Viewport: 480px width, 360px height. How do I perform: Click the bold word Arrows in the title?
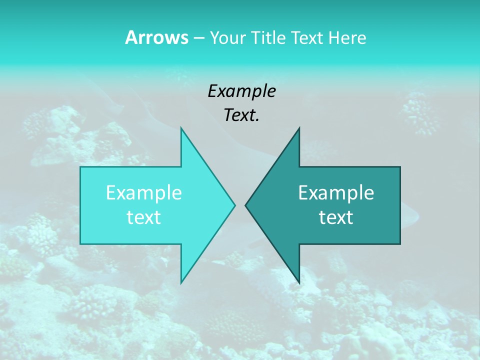pyautogui.click(x=156, y=37)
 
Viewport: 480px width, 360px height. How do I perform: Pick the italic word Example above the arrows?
pyautogui.click(x=241, y=91)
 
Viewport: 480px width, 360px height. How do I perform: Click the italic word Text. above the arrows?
pyautogui.click(x=241, y=115)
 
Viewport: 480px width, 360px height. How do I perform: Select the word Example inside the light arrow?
pyautogui.click(x=144, y=192)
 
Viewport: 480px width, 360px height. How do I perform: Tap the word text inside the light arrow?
pyautogui.click(x=144, y=217)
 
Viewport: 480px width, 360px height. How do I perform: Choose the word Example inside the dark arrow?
pyautogui.click(x=336, y=192)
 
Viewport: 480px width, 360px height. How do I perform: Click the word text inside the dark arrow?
pyautogui.click(x=336, y=217)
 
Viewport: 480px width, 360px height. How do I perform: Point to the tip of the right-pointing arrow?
pyautogui.click(x=234, y=205)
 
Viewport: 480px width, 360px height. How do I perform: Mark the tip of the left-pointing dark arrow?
pyautogui.click(x=246, y=205)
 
